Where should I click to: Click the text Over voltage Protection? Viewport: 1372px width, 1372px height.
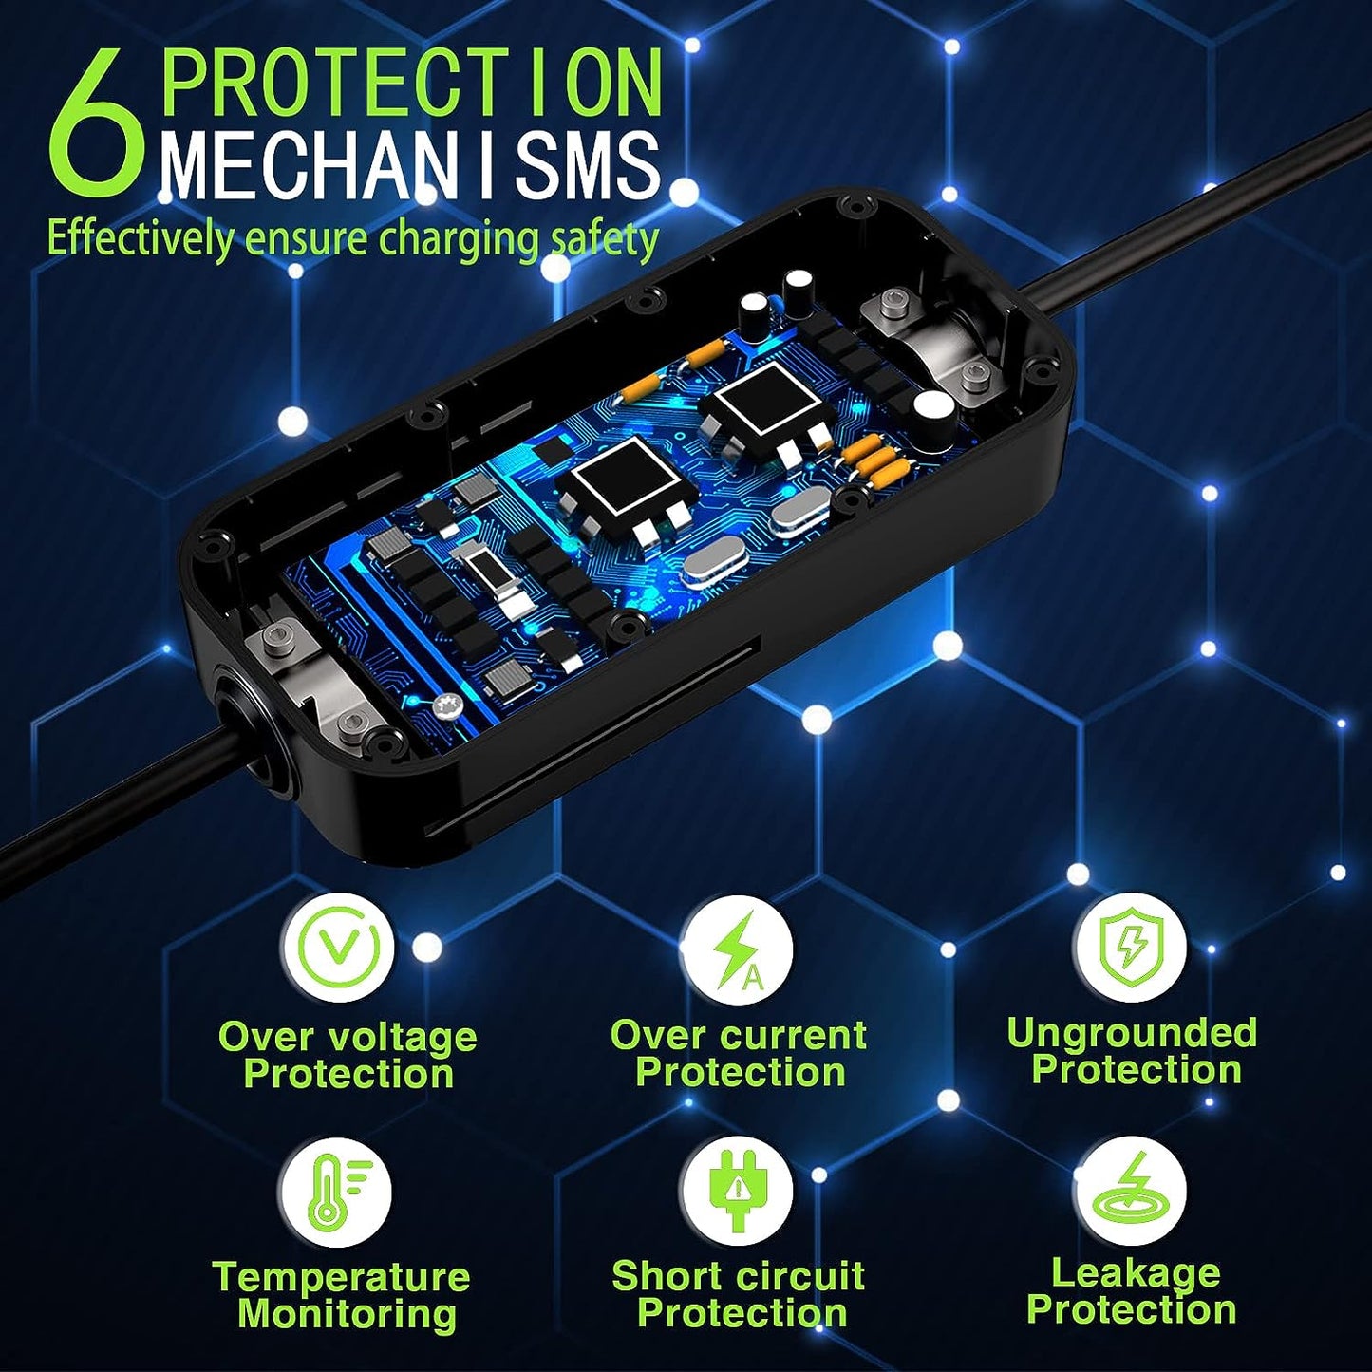(x=348, y=1056)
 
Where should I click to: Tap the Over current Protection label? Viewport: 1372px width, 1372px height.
(x=739, y=1053)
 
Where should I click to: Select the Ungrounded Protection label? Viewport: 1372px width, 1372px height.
(x=1132, y=1051)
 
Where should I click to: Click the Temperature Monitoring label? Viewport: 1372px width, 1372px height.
(x=342, y=1295)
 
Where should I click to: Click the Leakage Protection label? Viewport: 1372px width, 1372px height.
(x=1132, y=1291)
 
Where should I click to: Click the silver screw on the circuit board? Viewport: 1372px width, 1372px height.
(x=448, y=707)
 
